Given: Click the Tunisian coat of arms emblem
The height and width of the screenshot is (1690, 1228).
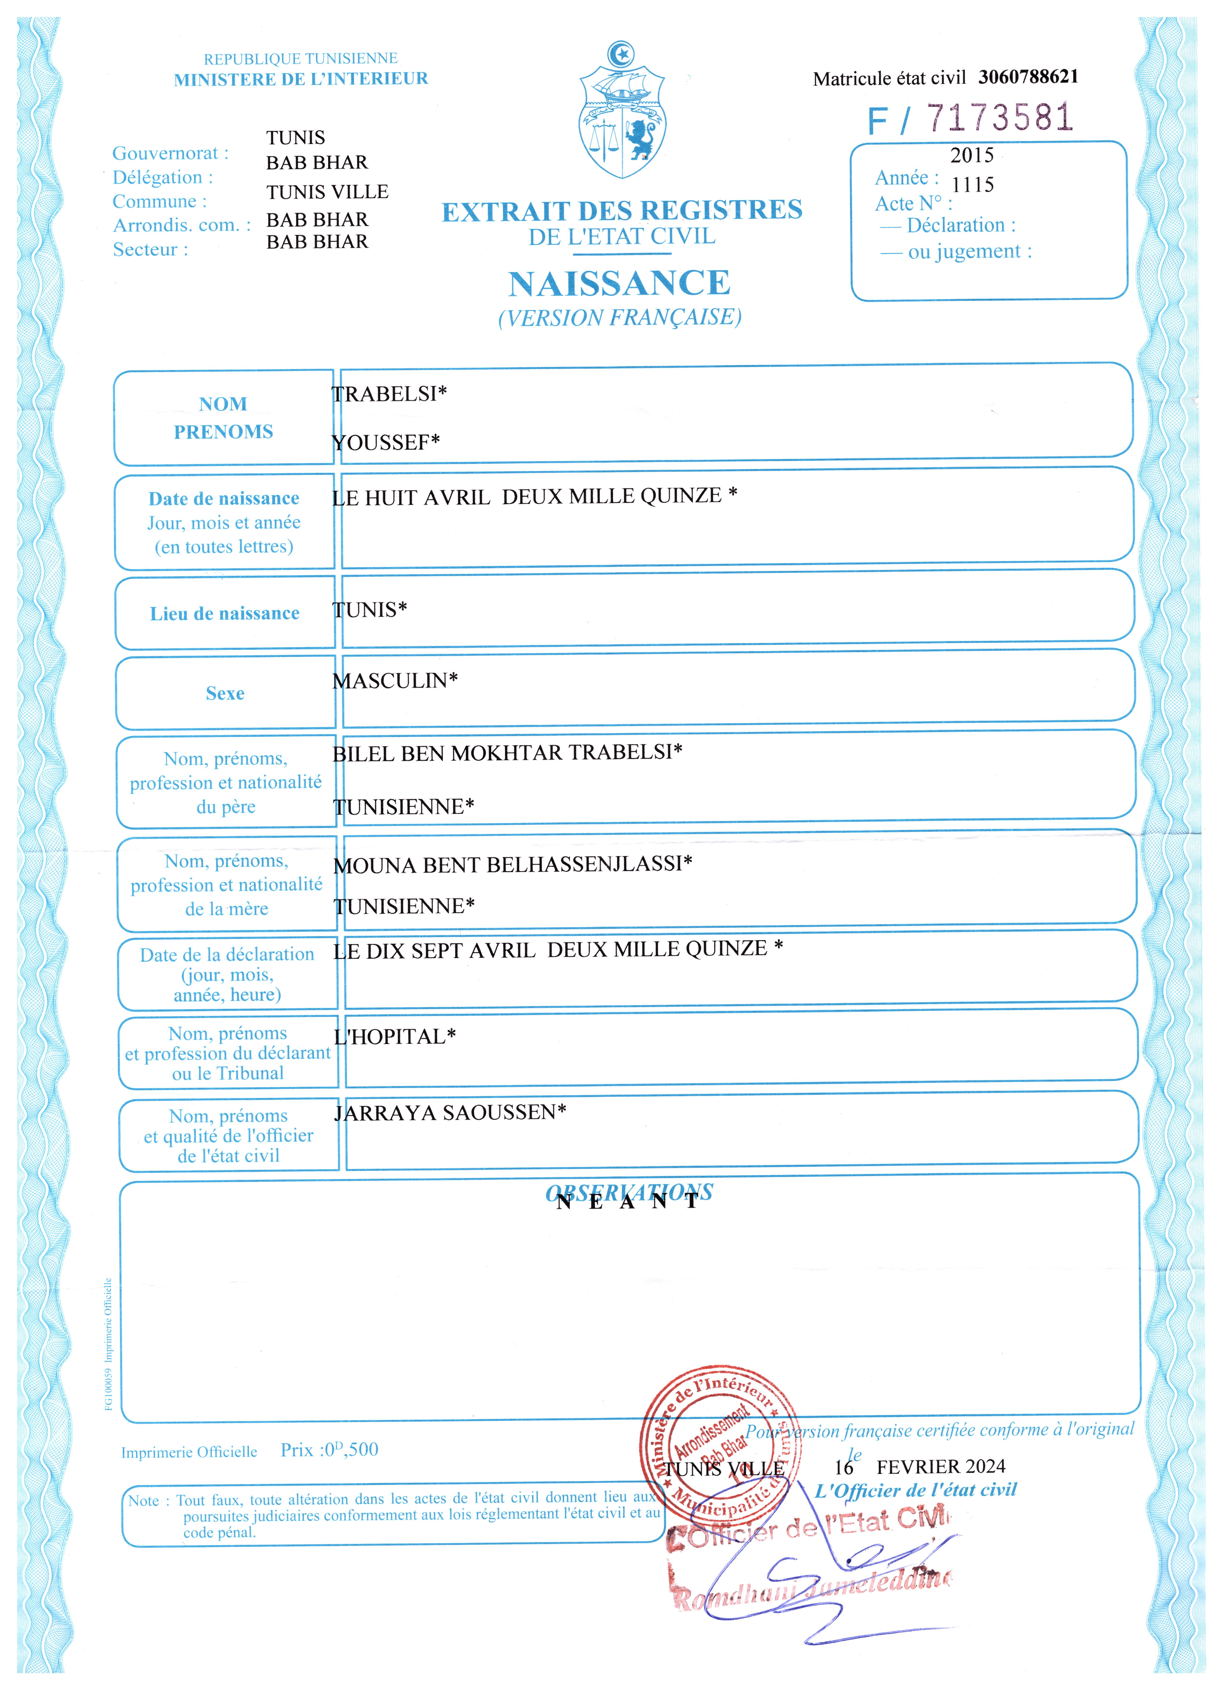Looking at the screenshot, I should pos(623,112).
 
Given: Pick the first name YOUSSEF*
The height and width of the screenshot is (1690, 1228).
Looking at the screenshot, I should pos(386,443).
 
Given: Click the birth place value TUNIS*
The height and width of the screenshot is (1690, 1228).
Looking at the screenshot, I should pos(370,610).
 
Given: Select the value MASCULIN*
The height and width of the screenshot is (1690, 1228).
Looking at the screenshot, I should pos(395,680).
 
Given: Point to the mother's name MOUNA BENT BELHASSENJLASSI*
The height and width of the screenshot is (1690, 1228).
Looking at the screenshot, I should pos(513,864).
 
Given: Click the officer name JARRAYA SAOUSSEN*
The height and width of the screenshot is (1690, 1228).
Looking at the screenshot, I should pos(450,1112).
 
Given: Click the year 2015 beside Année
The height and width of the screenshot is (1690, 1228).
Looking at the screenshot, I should pos(972,155).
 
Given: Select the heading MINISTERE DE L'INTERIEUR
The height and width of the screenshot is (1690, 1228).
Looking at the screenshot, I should pos(301,79).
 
